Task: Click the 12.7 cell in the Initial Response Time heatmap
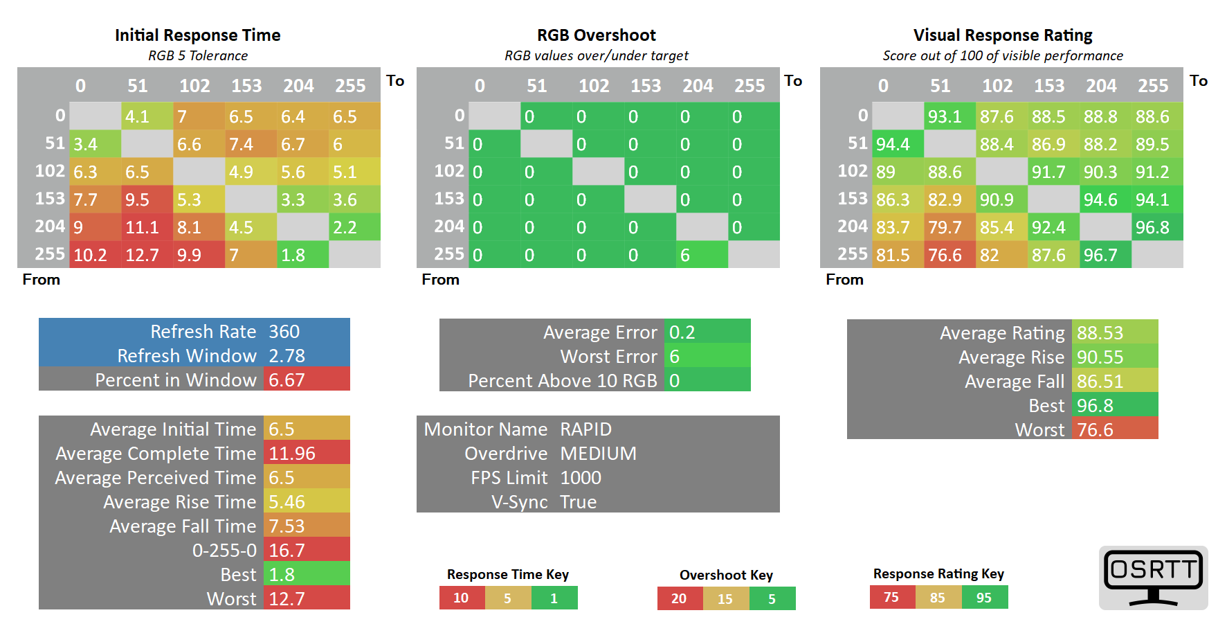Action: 147,255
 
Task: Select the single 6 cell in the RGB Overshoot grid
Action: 702,255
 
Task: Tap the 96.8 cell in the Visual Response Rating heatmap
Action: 1157,227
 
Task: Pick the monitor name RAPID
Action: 586,429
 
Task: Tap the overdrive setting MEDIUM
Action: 599,454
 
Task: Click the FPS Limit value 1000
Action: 581,478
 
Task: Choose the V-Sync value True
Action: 579,502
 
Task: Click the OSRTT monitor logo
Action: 1153,578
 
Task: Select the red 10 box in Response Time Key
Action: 462,598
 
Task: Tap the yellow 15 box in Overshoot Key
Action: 725,598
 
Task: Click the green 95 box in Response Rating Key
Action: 984,598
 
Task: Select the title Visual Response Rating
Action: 1003,35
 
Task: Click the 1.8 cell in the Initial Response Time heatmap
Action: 302,255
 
